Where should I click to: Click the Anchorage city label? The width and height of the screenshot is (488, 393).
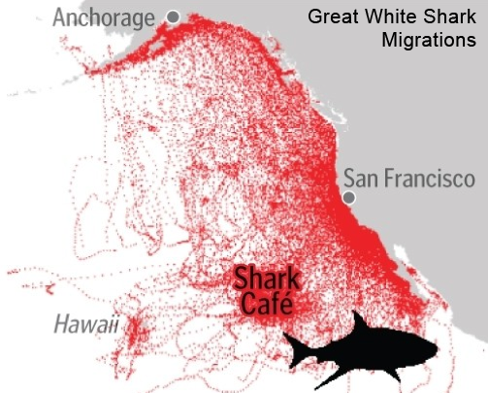click(103, 17)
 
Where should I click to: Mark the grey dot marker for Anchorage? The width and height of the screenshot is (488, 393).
click(173, 16)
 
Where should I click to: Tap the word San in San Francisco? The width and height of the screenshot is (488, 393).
click(363, 180)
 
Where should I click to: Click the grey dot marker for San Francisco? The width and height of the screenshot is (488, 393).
click(347, 198)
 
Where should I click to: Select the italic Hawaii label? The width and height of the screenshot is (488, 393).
click(86, 322)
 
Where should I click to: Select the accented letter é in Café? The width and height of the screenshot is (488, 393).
click(282, 305)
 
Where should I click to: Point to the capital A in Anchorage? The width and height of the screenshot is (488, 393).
click(60, 17)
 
